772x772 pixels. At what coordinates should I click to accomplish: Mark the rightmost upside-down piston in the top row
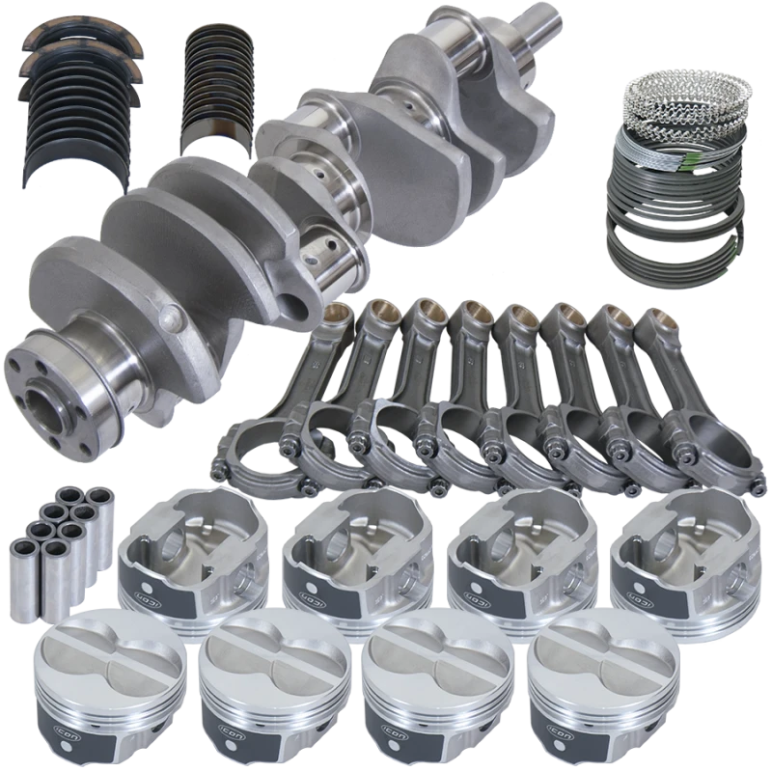point(675,555)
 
